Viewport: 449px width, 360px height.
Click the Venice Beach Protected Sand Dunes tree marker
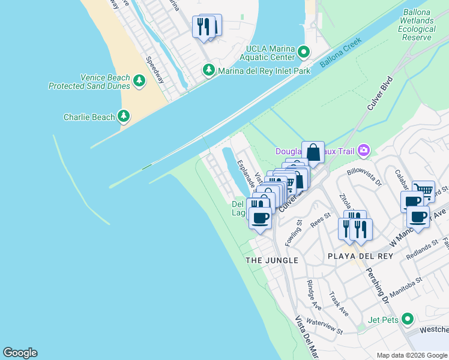click(x=139, y=80)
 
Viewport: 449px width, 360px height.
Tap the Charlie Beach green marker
click(x=124, y=116)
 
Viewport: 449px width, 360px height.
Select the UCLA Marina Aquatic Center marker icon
click(x=304, y=53)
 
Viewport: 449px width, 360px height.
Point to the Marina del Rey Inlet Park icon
click(x=209, y=71)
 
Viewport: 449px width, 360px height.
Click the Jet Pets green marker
click(x=408, y=319)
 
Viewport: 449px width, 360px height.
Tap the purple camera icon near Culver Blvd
click(x=363, y=150)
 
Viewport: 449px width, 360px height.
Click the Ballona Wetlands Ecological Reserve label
click(x=417, y=25)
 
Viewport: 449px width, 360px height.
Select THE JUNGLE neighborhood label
click(x=272, y=260)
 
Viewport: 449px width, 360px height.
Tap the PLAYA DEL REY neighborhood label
click(x=360, y=256)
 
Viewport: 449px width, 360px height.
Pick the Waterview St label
click(x=324, y=326)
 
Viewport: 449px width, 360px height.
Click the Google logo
click(x=20, y=353)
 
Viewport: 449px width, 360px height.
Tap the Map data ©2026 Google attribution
click(x=412, y=355)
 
